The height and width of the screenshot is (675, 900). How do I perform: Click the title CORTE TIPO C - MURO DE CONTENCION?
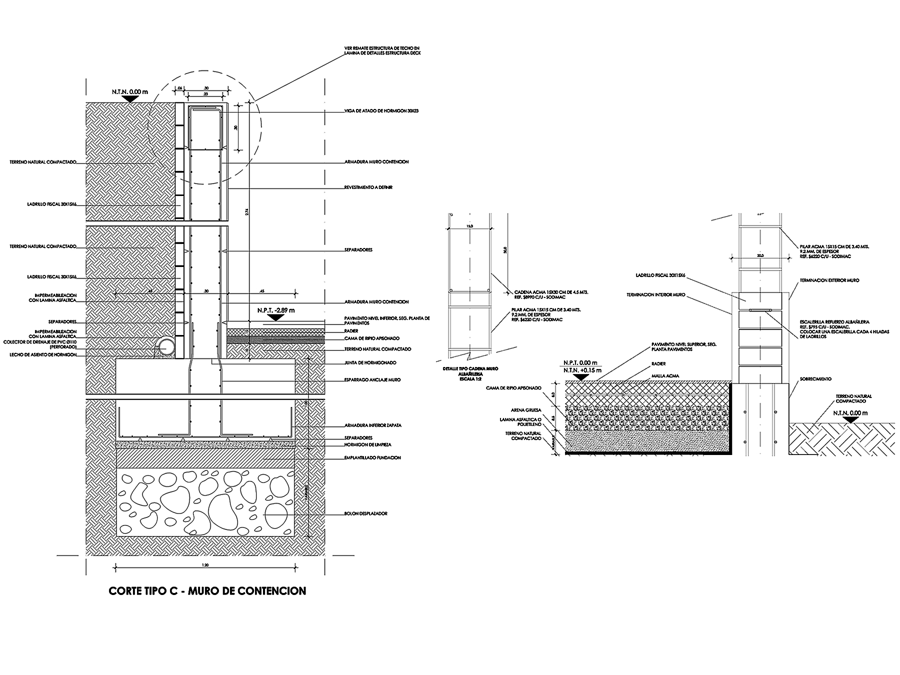pyautogui.click(x=207, y=591)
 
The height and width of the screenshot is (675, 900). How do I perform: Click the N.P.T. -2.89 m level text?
pyautogui.click(x=276, y=310)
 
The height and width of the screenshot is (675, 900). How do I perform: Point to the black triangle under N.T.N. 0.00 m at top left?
pyautogui.click(x=130, y=98)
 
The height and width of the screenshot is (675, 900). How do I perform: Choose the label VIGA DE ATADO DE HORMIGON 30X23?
pyautogui.click(x=381, y=111)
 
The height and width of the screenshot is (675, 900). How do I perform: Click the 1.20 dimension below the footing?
pyautogui.click(x=204, y=565)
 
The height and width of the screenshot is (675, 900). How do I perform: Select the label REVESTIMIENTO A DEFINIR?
pyautogui.click(x=368, y=187)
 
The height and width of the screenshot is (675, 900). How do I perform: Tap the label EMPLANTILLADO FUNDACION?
pyautogui.click(x=372, y=457)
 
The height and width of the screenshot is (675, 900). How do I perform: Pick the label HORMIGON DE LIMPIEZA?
pyautogui.click(x=368, y=444)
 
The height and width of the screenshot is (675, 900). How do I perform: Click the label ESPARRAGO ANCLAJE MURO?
pyautogui.click(x=372, y=380)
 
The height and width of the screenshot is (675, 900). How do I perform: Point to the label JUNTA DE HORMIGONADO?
pyautogui.click(x=370, y=363)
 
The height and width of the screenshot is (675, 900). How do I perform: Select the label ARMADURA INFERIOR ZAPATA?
pyautogui.click(x=373, y=425)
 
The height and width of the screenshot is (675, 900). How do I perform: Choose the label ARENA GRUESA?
pyautogui.click(x=527, y=410)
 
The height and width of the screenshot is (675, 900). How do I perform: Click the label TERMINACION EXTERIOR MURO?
pyautogui.click(x=828, y=280)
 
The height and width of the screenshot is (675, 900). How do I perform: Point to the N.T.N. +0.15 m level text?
pyautogui.click(x=582, y=370)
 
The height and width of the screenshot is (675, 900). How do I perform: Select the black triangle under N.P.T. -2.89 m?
pyautogui.click(x=276, y=317)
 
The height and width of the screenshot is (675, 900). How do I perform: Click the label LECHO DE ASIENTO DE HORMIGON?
pyautogui.click(x=43, y=354)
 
